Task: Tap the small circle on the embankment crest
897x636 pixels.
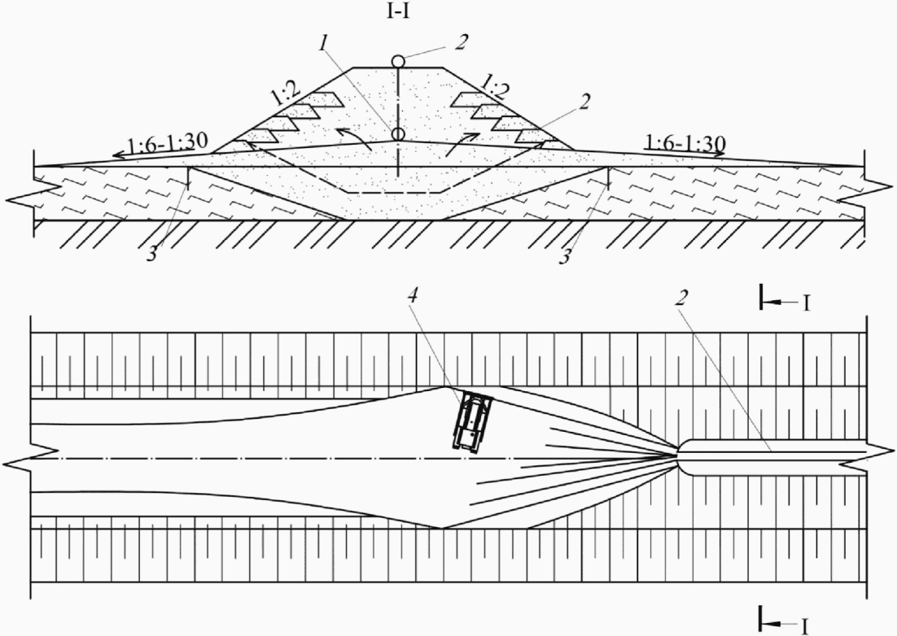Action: coord(398,61)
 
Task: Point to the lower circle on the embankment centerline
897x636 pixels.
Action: coord(398,133)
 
